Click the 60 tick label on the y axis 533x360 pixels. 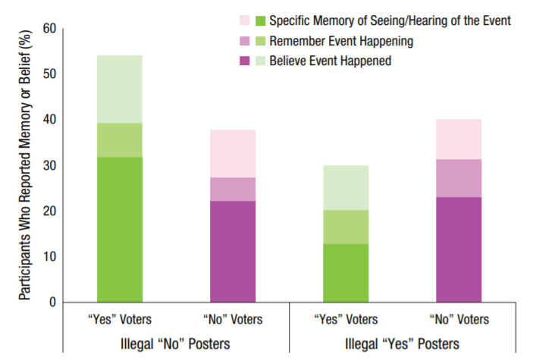(49, 29)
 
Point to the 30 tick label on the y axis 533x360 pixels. (49, 166)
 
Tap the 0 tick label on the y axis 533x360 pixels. (53, 302)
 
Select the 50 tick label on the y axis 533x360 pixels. (49, 74)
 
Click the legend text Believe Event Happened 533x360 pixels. (330, 61)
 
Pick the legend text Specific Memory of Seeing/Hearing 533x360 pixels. (390, 21)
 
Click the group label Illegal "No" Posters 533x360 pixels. (176, 343)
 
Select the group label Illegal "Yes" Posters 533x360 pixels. (402, 343)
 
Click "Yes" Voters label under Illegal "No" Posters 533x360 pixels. (120, 319)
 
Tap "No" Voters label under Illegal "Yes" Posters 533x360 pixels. (458, 319)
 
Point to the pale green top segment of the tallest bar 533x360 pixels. (120, 89)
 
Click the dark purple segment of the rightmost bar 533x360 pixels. (458, 249)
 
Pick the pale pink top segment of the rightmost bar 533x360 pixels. (458, 139)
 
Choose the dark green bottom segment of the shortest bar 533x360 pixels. (346, 273)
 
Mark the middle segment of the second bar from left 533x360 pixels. (233, 189)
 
